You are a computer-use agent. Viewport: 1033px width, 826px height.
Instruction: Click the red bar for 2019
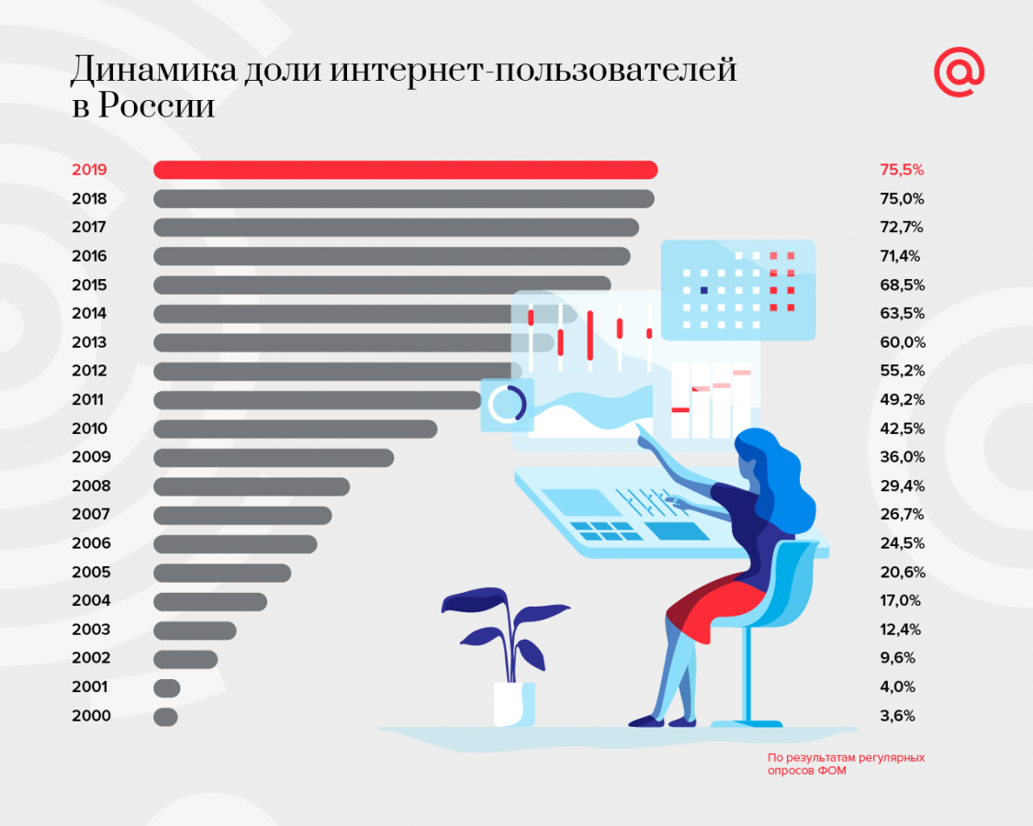[x=405, y=170]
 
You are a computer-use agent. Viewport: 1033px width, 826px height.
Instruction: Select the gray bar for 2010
[x=295, y=429]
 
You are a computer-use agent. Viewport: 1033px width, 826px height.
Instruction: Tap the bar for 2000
[x=165, y=716]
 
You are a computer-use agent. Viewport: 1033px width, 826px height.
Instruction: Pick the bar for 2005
[x=222, y=573]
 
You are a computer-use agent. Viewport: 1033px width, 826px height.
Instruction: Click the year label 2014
[x=89, y=314]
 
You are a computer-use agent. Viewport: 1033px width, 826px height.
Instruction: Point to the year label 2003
[x=91, y=630]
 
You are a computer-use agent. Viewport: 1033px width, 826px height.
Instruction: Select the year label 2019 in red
[x=89, y=170]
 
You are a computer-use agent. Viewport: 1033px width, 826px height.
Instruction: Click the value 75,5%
[x=902, y=170]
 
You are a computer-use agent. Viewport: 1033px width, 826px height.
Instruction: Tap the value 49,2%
[x=902, y=400]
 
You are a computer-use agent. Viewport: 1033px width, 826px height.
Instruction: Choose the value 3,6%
[x=898, y=716]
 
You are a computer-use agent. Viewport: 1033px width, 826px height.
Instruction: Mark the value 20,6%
[x=902, y=573]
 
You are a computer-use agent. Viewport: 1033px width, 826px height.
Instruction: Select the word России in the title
[x=156, y=106]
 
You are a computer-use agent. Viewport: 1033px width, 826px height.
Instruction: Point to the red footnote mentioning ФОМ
[x=846, y=765]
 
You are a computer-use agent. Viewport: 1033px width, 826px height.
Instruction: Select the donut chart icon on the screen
[x=506, y=404]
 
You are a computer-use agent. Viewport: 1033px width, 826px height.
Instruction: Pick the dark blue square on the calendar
[x=704, y=290]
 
